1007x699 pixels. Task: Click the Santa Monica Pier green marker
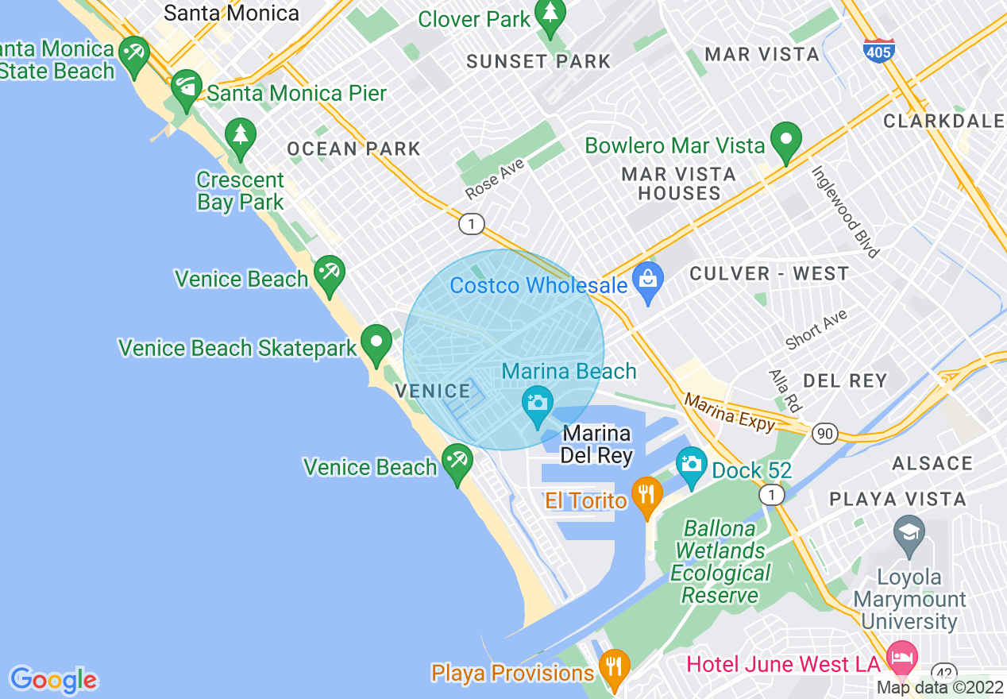point(187,89)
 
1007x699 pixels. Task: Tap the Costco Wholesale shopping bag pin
point(649,281)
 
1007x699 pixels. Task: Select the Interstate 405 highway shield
point(878,50)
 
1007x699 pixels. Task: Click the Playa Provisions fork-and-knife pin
point(613,666)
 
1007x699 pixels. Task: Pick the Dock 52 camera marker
point(691,465)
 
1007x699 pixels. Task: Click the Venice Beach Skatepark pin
point(376,344)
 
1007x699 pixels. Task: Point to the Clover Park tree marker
point(550,14)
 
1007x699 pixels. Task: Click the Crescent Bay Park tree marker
point(240,137)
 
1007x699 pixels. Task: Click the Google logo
point(53,680)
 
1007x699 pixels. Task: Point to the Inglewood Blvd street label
point(845,210)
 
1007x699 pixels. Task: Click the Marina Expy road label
point(729,412)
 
